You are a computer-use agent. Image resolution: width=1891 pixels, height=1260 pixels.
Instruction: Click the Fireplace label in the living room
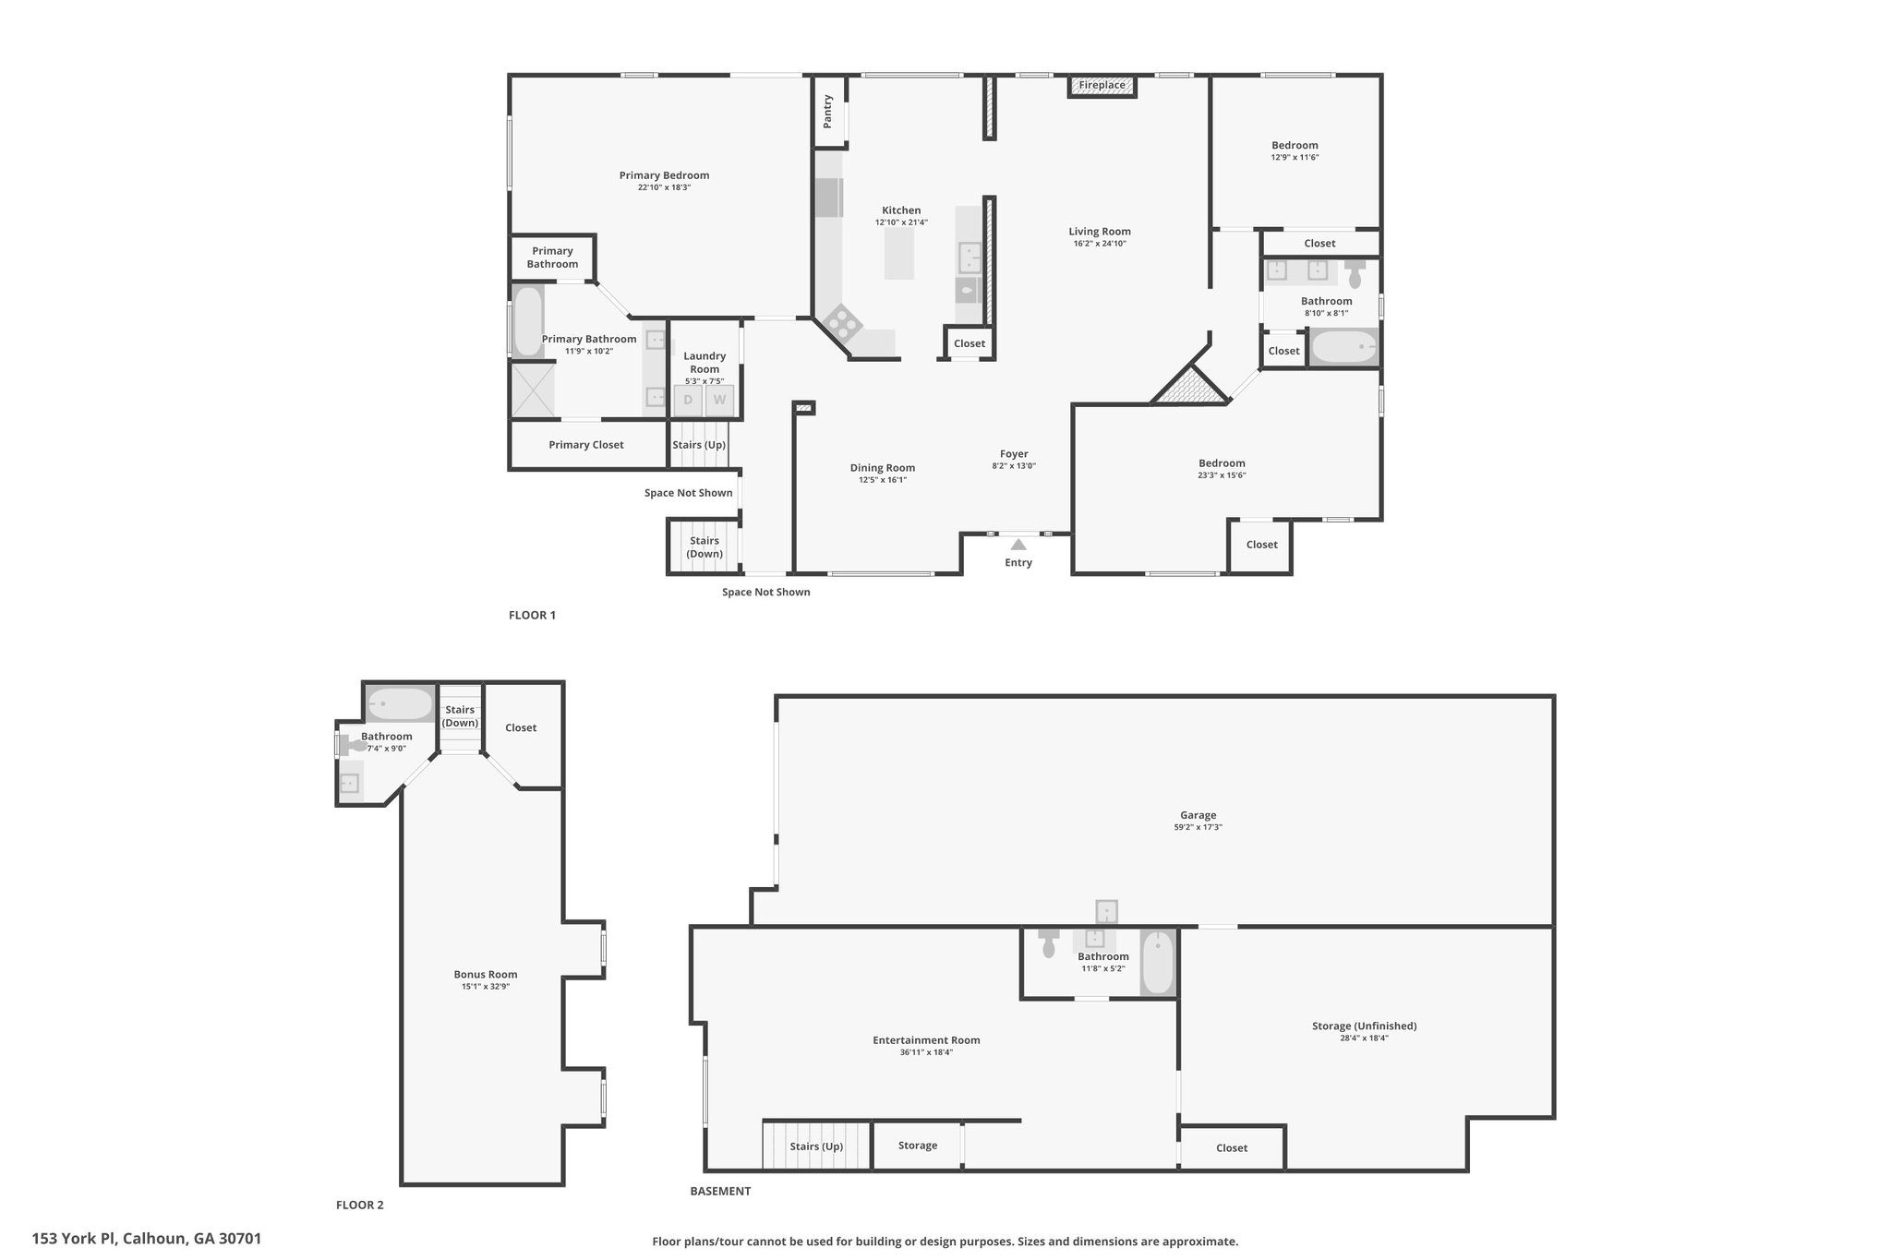[x=1102, y=85]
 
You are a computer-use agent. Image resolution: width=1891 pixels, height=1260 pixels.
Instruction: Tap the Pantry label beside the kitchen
[x=828, y=111]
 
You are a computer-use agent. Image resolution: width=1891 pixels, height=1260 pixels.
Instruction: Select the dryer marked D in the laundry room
[x=688, y=401]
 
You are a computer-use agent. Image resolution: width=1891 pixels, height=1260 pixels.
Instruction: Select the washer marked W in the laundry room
[x=719, y=401]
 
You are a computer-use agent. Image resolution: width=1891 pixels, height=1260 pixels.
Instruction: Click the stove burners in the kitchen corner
[x=842, y=322]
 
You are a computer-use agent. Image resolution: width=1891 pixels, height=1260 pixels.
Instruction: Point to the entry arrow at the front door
[x=1018, y=545]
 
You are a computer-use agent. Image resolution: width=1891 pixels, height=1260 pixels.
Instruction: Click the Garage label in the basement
[x=1198, y=815]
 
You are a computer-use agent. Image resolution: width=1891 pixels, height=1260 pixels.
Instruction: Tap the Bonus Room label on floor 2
[x=486, y=974]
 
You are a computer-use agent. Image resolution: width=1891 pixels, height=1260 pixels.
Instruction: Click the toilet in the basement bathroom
[x=1048, y=942]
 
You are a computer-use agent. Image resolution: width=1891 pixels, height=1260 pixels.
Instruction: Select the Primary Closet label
[x=586, y=445]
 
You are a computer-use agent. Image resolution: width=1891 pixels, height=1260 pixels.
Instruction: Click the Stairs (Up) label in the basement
[x=816, y=1146]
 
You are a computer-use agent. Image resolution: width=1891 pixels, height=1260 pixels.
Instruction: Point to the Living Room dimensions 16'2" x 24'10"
[x=1100, y=244]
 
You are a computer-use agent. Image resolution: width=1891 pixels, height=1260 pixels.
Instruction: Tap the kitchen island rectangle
[x=899, y=254]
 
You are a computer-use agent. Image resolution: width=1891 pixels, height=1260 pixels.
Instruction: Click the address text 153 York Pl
[x=74, y=1239]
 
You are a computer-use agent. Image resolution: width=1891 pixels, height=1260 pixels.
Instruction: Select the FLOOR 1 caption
[x=532, y=616]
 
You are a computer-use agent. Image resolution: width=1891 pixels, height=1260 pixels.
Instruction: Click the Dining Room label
[x=883, y=468]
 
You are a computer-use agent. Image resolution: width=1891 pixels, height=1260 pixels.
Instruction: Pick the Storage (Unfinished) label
[x=1364, y=1026]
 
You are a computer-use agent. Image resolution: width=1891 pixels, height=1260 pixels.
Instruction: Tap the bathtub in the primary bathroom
[x=528, y=321]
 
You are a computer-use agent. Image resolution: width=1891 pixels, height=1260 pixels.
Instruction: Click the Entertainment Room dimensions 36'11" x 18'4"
[x=926, y=1052]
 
